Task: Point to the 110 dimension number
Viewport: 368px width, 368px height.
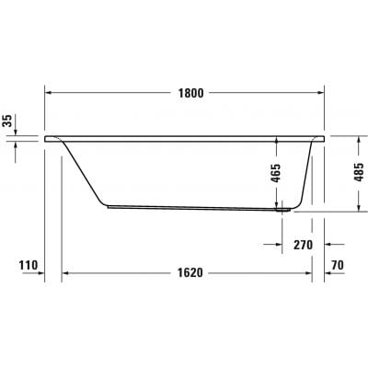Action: tap(29, 266)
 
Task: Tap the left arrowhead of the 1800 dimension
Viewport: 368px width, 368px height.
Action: tap(49, 92)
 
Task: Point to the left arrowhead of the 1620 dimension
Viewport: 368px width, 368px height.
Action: tap(67, 274)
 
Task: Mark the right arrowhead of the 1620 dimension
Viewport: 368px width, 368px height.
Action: tap(307, 274)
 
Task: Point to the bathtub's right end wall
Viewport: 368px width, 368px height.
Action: tap(309, 175)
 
